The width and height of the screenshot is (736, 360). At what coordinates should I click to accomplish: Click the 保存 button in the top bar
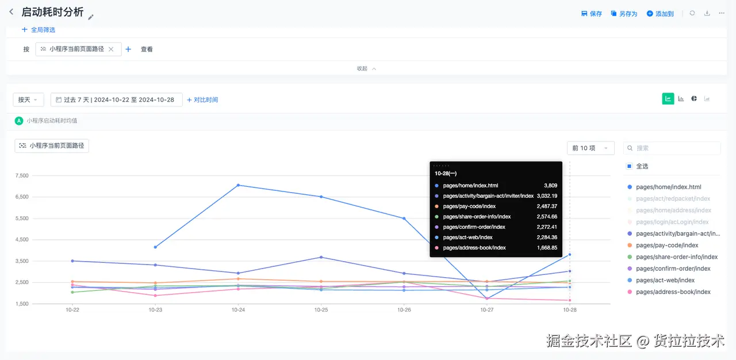[x=592, y=14]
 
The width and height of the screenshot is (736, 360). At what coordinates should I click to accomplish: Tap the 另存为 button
[x=624, y=14]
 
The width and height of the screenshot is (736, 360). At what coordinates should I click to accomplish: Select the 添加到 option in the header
[x=660, y=14]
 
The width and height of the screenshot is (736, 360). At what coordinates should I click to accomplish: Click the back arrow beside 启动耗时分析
[x=11, y=12]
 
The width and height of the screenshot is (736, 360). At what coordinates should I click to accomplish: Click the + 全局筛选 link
[x=39, y=30]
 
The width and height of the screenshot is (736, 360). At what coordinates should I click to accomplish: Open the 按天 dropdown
[x=28, y=99]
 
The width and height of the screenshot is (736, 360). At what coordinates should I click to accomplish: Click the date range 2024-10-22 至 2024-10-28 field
[x=117, y=99]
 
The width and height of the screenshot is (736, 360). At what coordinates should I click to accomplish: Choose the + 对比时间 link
[x=202, y=99]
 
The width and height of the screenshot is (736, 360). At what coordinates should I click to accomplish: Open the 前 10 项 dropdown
[x=590, y=148]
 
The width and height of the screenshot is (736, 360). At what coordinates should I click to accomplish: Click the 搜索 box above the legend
[x=672, y=148]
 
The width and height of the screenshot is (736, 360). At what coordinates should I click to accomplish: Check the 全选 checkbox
[x=630, y=166]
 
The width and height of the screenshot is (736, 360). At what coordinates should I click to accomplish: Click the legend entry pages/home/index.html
[x=668, y=187]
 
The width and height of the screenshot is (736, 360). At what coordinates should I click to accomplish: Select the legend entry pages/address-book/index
[x=673, y=292]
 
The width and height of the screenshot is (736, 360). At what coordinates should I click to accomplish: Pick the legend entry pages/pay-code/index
[x=667, y=246]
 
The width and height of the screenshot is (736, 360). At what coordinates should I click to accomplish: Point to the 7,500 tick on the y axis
[x=21, y=175]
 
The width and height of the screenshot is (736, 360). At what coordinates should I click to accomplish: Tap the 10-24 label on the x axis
[x=238, y=309]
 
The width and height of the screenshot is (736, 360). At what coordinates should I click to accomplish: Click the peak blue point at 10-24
[x=238, y=185]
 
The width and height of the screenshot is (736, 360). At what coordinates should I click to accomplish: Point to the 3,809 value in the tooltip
[x=550, y=186]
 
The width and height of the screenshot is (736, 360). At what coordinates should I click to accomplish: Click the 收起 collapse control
[x=366, y=68]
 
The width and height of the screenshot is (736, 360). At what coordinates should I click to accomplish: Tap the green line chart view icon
[x=668, y=99]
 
